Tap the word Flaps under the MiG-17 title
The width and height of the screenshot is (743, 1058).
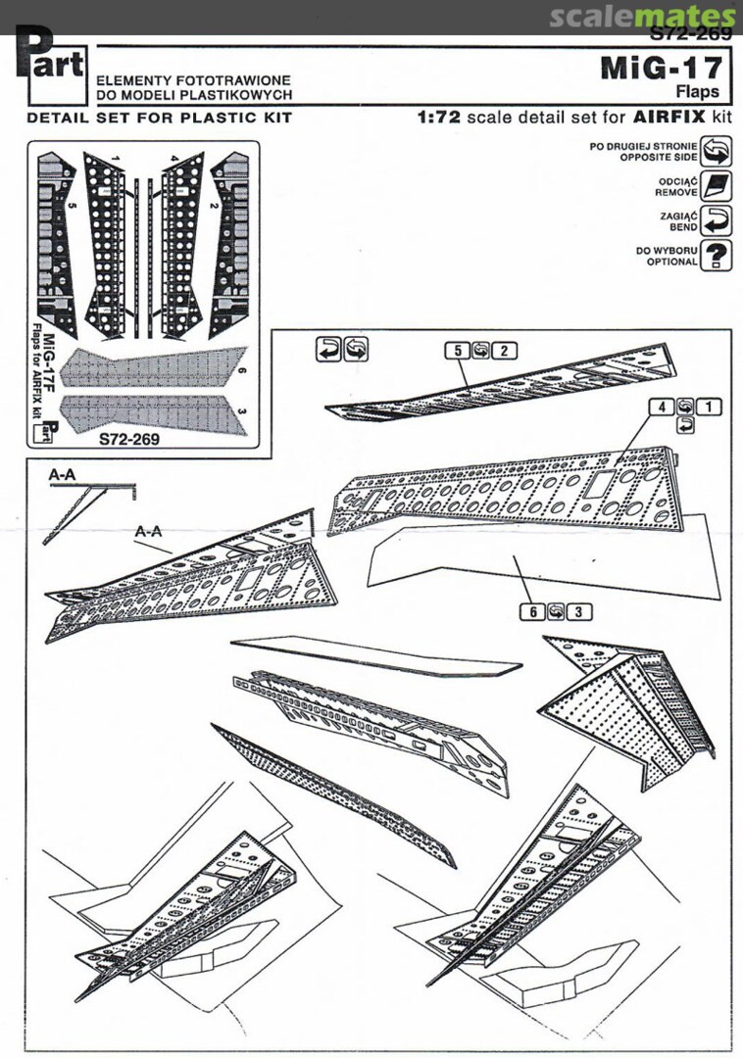tap(698, 92)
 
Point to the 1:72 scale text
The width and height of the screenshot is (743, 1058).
tap(437, 117)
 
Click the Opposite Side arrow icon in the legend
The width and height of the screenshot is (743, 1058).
tap(717, 151)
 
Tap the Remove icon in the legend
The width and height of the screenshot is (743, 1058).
tap(717, 186)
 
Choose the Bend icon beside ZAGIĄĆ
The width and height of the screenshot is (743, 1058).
tap(717, 220)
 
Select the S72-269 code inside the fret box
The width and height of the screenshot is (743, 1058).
tap(128, 439)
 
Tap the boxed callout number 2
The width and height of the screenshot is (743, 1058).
tap(503, 351)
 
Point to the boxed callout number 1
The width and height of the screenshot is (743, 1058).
tap(709, 406)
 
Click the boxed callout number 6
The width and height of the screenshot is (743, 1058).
tap(533, 611)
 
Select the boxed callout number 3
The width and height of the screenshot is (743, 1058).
tap(579, 611)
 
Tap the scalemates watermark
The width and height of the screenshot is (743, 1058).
tap(641, 17)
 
